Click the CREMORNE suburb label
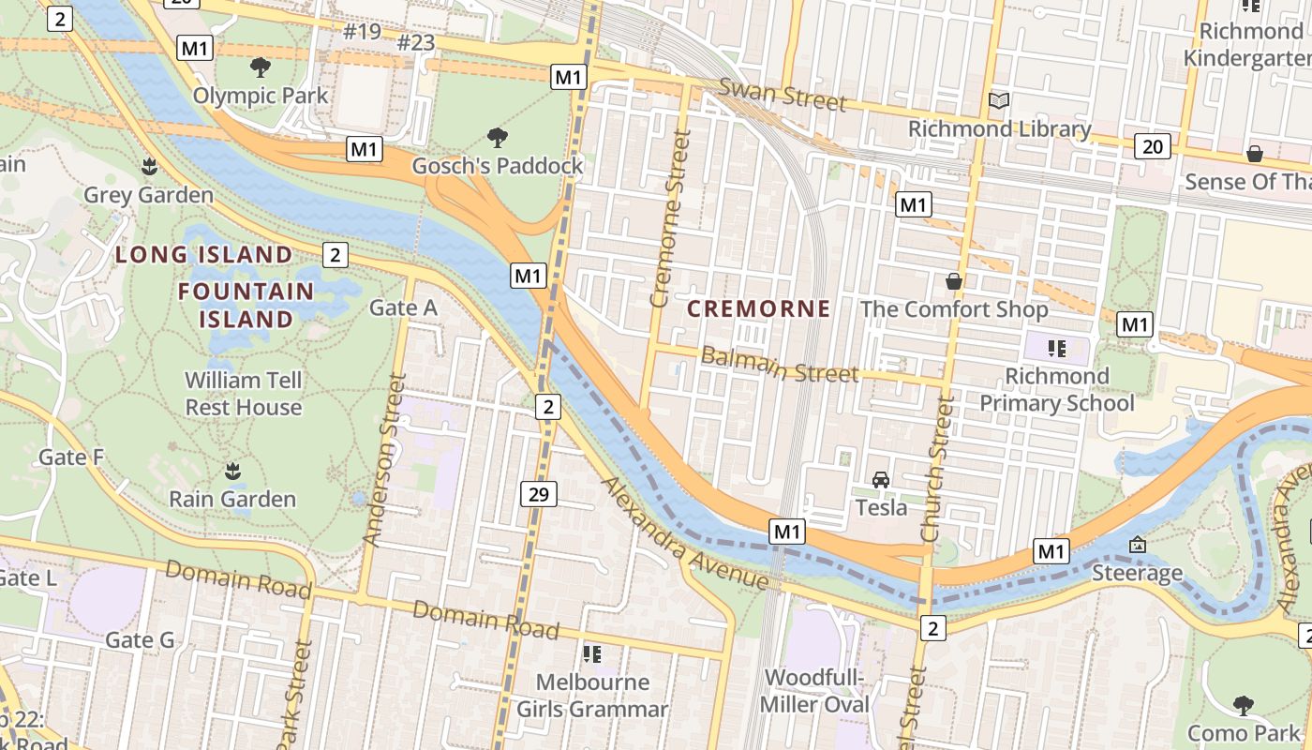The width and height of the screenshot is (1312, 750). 759,308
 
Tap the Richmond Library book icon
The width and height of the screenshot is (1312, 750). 999,100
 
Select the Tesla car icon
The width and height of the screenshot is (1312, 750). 881,480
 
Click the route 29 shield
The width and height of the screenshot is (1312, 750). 539,494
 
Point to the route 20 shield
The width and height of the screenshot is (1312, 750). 1153,146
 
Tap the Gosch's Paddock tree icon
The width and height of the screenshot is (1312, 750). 498,138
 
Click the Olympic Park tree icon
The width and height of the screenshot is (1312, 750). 261,67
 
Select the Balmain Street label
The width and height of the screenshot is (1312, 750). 780,365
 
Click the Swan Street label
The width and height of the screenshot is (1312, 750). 783,95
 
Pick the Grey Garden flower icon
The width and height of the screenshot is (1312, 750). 148,167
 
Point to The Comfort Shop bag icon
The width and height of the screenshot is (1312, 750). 954,281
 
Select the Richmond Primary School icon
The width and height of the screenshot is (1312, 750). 1058,349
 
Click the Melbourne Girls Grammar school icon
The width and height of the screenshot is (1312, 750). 592,653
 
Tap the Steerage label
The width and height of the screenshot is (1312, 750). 1138,573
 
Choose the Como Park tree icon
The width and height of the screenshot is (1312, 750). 1244,704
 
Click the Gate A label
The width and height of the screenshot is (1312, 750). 403,307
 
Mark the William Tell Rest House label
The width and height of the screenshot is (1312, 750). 244,394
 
